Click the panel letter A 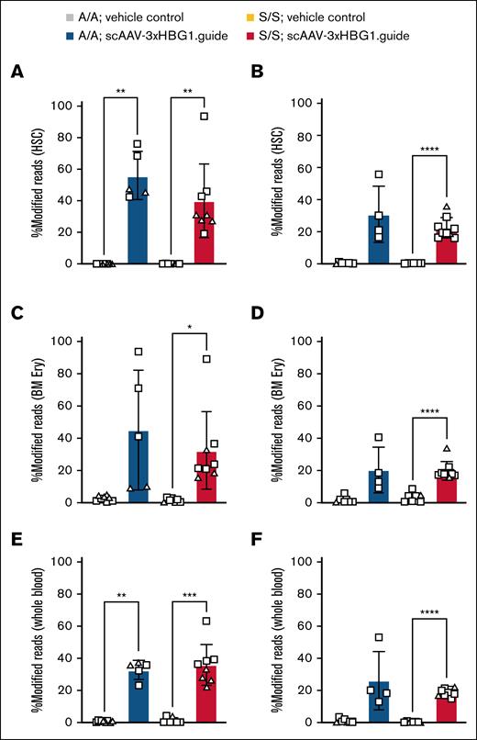point(16,75)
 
